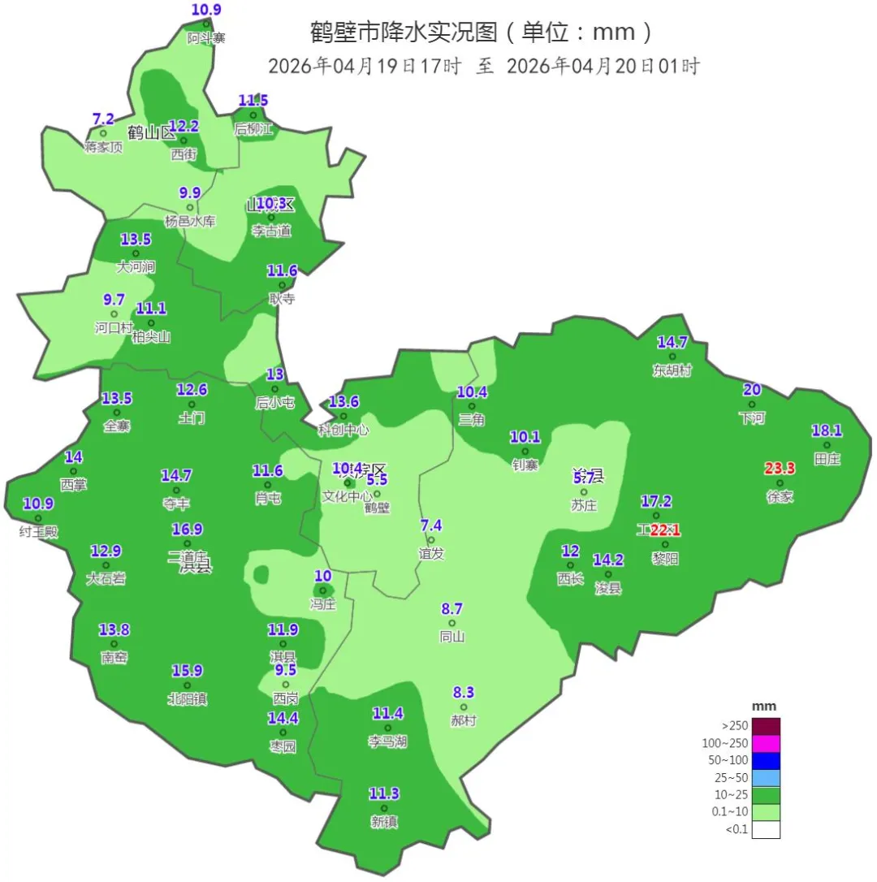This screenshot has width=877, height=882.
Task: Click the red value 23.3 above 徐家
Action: (780, 468)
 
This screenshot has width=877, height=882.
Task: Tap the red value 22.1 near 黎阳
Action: (665, 530)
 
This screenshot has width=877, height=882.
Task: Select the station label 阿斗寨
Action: (206, 38)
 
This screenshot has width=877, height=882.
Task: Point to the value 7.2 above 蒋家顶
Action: (103, 119)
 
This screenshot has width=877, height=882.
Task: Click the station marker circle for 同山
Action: (452, 623)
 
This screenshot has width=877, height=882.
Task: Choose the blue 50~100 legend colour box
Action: (766, 760)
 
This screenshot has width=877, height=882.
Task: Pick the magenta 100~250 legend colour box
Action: (766, 743)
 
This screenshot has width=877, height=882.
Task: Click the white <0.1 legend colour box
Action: (766, 830)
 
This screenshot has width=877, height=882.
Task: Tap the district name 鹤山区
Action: (152, 132)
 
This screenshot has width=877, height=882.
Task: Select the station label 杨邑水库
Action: (190, 221)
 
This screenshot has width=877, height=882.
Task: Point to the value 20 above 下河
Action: (752, 389)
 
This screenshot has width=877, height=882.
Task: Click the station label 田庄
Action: (827, 459)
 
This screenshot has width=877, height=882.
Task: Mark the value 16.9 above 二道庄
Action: (187, 530)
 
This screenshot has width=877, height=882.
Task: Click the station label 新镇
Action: (384, 822)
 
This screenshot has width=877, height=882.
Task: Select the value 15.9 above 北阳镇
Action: (187, 671)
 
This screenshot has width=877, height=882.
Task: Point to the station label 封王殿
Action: (39, 532)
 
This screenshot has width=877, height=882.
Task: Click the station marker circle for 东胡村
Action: (672, 357)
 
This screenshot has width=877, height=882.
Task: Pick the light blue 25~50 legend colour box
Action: (766, 777)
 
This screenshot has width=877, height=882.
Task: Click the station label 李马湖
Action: (387, 741)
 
